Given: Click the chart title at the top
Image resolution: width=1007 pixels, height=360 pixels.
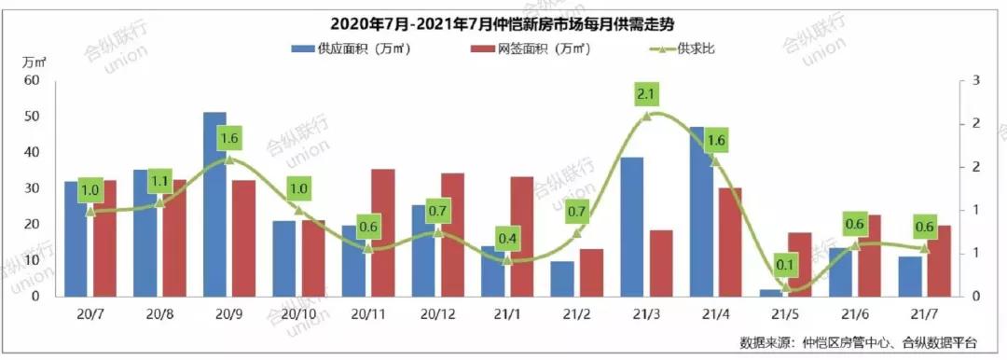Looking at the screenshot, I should point(504,23).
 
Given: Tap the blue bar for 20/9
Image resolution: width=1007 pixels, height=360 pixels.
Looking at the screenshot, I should point(215,204).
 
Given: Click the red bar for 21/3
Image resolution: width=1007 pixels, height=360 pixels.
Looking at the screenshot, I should point(660,263).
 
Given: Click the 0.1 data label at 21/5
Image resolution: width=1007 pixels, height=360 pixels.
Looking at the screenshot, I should point(784,266).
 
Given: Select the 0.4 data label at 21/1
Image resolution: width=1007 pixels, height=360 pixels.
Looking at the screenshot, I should point(507,239).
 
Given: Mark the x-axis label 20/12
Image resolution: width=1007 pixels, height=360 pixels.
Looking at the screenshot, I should point(437,315).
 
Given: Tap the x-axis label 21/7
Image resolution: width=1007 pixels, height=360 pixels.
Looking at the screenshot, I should point(923,315).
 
